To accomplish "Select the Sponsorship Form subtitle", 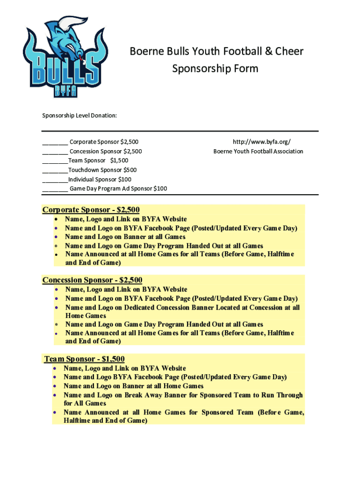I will click(215, 69).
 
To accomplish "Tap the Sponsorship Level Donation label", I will click(79, 115).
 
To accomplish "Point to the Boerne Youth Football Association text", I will click(258, 151).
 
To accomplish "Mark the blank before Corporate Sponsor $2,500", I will click(55, 143).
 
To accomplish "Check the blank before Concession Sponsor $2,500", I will click(55, 152).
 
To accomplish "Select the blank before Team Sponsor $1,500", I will click(55, 161).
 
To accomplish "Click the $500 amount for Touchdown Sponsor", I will click(130, 170).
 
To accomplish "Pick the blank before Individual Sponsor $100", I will click(55, 180).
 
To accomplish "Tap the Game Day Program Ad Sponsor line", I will click(118, 189).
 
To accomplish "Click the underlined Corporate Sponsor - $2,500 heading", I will click(91, 210).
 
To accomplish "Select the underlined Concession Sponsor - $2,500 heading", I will click(92, 280).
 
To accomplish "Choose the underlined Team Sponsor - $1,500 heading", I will click(84, 359).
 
